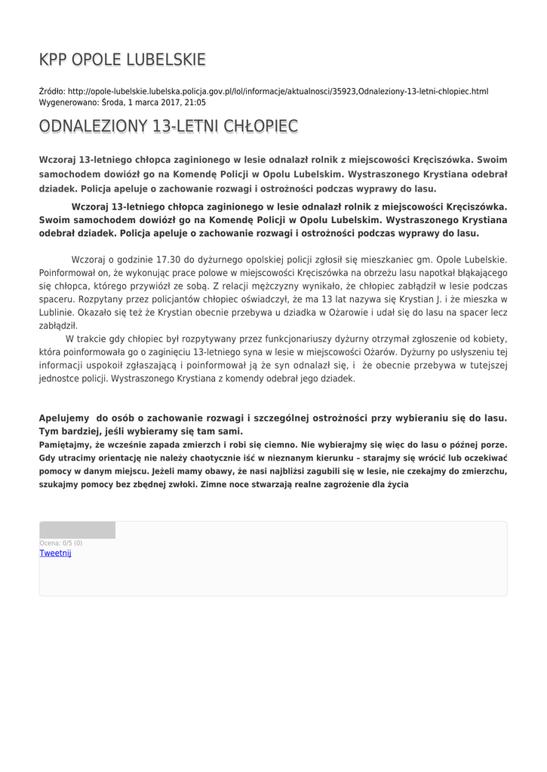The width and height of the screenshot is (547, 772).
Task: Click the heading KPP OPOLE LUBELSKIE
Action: (x=122, y=60)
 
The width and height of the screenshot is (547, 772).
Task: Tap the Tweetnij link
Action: (x=55, y=553)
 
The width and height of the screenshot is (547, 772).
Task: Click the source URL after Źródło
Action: (x=278, y=91)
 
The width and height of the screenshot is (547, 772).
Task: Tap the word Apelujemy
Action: (x=63, y=418)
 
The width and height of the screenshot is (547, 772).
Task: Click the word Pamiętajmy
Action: (x=67, y=445)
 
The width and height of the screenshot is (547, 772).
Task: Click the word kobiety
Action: (x=489, y=339)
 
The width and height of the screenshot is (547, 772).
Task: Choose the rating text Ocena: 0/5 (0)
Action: (x=61, y=543)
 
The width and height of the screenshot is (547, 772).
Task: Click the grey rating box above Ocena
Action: (x=77, y=530)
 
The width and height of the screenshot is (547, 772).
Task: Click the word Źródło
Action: (x=51, y=91)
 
